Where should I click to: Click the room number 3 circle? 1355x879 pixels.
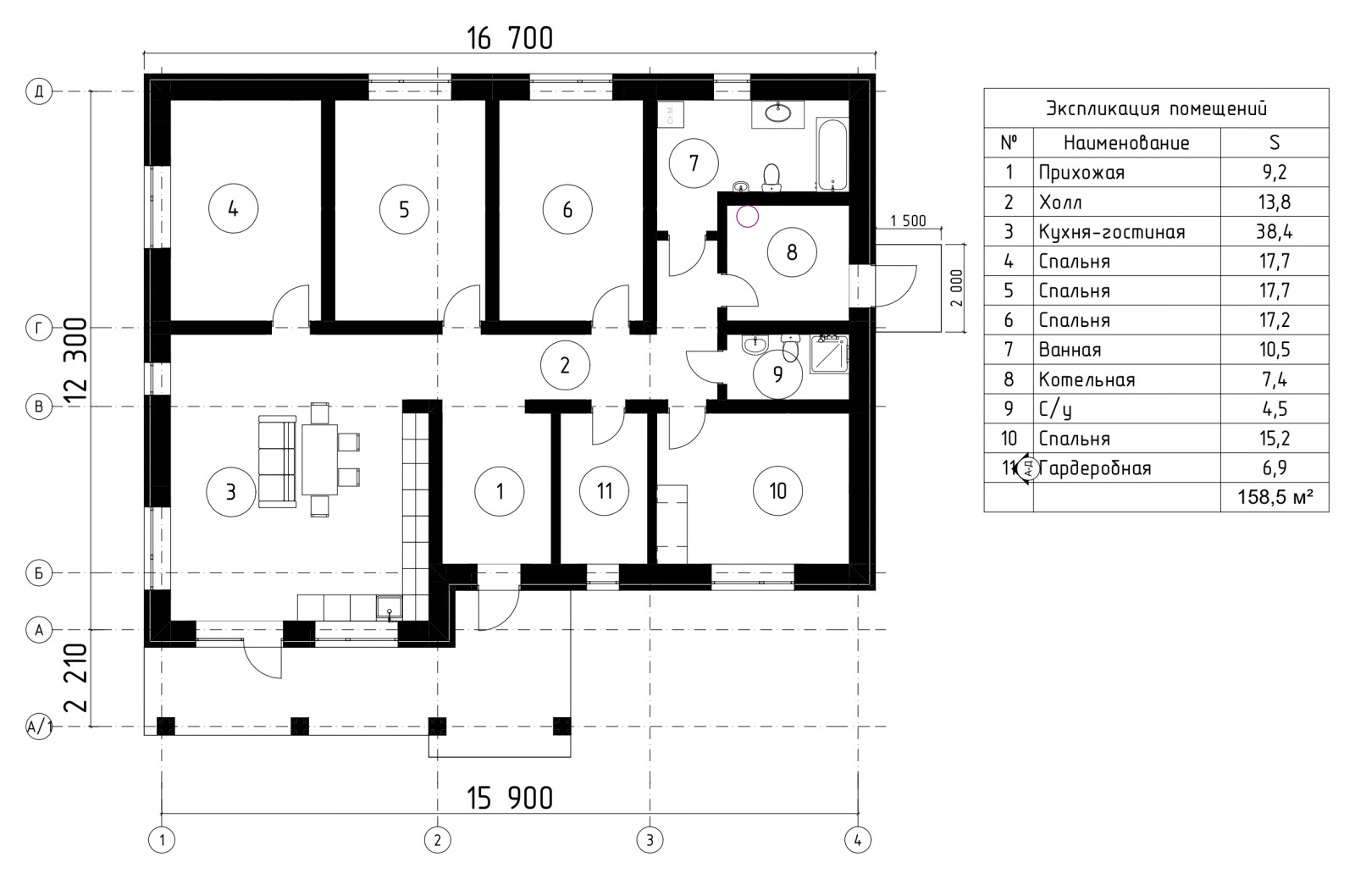[230, 492]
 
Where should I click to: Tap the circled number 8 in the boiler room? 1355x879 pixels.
[792, 252]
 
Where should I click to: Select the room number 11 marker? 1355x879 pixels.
[605, 490]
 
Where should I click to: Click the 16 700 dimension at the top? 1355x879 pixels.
[510, 39]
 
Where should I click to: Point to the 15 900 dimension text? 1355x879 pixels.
[510, 799]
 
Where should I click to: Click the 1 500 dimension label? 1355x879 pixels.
[908, 221]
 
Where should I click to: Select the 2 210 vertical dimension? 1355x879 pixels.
[77, 677]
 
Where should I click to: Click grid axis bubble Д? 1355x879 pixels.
[39, 91]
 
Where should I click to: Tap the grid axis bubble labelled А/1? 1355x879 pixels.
[39, 726]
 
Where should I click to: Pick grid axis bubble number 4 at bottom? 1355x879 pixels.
[857, 840]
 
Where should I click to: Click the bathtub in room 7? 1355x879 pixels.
[832, 155]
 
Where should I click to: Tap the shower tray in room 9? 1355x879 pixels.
[829, 354]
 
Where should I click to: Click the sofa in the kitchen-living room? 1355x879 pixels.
[277, 462]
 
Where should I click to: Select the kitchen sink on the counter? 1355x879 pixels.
[389, 607]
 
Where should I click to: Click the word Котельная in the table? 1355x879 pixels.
[1087, 379]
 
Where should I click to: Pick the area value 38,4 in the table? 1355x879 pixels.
[1274, 231]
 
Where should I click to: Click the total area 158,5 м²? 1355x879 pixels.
[1275, 497]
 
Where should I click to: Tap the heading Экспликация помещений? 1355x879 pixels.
[1156, 109]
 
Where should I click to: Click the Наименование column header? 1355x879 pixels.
[1126, 143]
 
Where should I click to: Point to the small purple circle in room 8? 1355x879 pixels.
[747, 216]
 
